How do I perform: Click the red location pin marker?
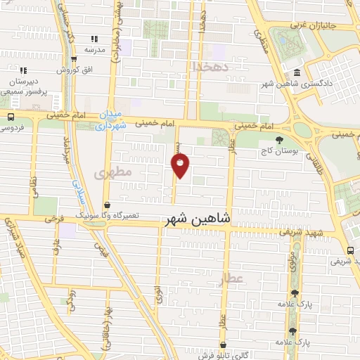[181, 166]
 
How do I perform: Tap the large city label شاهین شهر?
[198, 219]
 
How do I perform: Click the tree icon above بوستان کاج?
[280, 139]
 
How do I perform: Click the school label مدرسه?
[95, 50]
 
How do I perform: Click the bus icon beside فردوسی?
[10, 117]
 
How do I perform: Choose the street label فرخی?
[50, 219]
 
